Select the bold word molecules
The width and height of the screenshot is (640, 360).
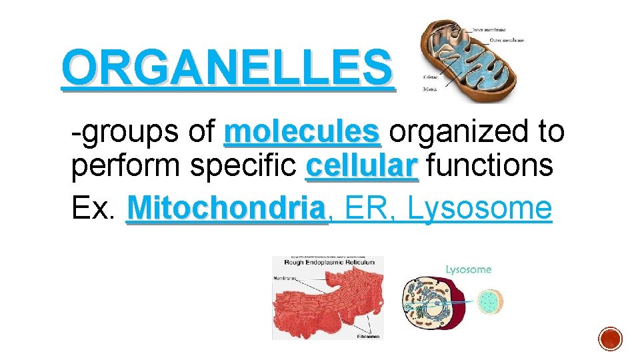[302, 132]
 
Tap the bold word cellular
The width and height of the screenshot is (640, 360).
[361, 165]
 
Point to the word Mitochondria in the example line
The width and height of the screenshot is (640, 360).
[227, 209]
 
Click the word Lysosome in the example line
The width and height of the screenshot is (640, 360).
[479, 209]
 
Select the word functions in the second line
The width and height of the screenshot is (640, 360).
[489, 165]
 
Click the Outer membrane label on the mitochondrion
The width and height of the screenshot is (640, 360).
[507, 41]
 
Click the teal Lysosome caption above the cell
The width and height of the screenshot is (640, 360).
[468, 270]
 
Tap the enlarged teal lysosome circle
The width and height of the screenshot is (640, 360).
[491, 301]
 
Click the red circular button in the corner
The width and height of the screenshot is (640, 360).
[610, 338]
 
